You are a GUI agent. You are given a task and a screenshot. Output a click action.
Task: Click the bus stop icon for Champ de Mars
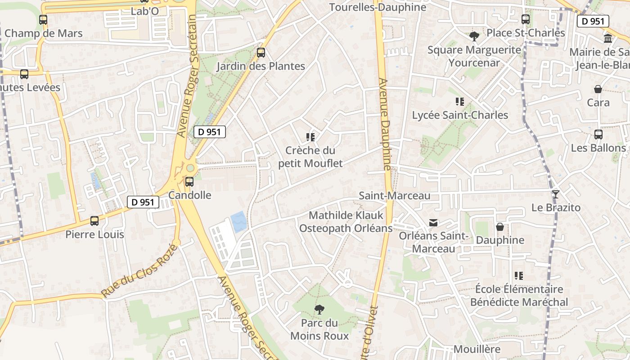pyautogui.click(x=43, y=20)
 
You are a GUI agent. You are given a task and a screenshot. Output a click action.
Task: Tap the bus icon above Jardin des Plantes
pyautogui.click(x=261, y=53)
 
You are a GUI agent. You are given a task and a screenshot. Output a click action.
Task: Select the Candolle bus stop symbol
pyautogui.click(x=189, y=182)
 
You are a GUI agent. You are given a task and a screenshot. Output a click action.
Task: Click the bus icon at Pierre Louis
pyautogui.click(x=94, y=221)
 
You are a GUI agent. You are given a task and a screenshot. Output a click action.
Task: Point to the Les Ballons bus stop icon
pyautogui.click(x=598, y=135)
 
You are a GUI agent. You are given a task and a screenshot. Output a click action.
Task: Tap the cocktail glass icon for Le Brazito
pyautogui.click(x=556, y=194)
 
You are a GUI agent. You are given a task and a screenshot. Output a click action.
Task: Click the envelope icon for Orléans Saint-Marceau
pyautogui.click(x=433, y=222)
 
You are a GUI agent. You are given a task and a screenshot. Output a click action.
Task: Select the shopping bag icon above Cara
pyautogui.click(x=598, y=89)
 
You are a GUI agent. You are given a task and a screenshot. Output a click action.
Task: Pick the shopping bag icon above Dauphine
pyautogui.click(x=500, y=227)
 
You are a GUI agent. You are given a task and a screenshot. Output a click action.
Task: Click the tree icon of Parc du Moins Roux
pyautogui.click(x=319, y=309)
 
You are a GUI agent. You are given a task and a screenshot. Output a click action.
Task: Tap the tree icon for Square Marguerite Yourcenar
pyautogui.click(x=474, y=36)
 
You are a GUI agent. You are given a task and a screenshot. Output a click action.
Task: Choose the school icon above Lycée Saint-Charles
pyautogui.click(x=459, y=102)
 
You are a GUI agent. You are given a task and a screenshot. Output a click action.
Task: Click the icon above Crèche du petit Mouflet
pyautogui.click(x=310, y=137)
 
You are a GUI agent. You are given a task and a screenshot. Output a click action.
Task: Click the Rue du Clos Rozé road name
pyautogui.click(x=139, y=271)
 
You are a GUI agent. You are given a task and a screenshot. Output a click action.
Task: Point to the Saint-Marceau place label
pyautogui.click(x=395, y=196)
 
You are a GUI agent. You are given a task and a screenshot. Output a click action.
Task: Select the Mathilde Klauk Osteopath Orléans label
pyautogui.click(x=346, y=222)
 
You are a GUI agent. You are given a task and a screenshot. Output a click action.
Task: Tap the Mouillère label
pyautogui.click(x=477, y=349)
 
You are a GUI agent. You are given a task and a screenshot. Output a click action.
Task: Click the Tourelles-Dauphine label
pyautogui.click(x=378, y=7)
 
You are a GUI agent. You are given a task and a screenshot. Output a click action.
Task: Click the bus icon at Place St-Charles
pyautogui.click(x=526, y=19)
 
